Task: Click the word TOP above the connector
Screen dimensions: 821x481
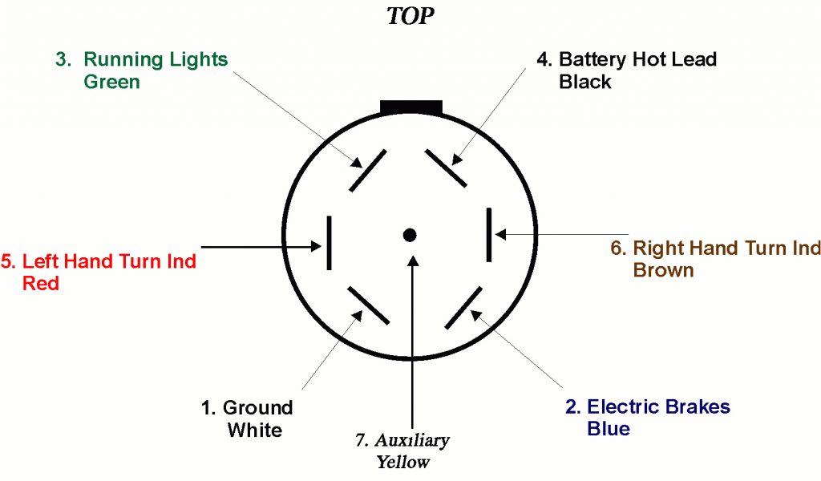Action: click(x=410, y=17)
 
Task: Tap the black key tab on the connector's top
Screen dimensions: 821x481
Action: click(x=411, y=107)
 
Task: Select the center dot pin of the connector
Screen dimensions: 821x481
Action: click(x=410, y=235)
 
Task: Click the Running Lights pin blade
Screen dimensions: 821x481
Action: click(x=368, y=169)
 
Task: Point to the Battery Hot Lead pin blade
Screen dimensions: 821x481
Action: click(x=446, y=168)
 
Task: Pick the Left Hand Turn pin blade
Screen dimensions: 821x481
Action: click(x=328, y=243)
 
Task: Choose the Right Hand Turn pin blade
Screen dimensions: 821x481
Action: click(x=488, y=234)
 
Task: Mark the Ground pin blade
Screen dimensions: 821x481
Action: click(x=369, y=305)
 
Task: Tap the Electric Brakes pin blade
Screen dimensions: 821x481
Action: click(x=463, y=307)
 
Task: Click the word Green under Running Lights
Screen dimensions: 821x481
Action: click(x=111, y=82)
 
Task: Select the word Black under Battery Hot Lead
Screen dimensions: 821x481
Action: click(x=585, y=82)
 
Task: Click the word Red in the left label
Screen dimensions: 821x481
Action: click(x=41, y=283)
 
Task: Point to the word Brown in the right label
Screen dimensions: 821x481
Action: click(x=663, y=269)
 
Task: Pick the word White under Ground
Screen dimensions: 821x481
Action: click(x=254, y=430)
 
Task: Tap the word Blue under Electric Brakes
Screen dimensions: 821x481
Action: click(x=609, y=428)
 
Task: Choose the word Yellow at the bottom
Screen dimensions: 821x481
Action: click(x=402, y=462)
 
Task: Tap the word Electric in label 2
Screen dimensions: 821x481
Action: click(x=621, y=406)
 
